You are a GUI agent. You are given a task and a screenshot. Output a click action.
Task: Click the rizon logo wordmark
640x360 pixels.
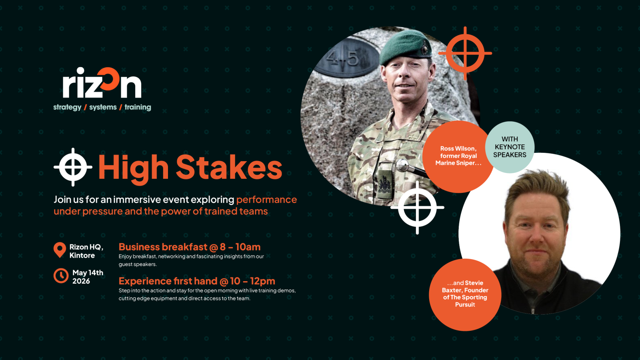click(102, 83)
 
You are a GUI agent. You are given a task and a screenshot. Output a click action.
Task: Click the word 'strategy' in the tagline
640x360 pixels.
click(68, 108)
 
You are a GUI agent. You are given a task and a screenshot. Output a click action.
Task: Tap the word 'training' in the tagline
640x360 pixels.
click(138, 108)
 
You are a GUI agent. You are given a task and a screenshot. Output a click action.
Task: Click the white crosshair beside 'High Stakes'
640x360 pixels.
click(73, 167)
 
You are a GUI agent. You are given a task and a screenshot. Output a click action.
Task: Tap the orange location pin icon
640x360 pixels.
click(60, 250)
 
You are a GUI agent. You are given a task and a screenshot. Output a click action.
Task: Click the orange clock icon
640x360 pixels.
click(61, 276)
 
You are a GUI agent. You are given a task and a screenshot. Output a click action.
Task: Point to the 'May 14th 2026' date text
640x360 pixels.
click(88, 277)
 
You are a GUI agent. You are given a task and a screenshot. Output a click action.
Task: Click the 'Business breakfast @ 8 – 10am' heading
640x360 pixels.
click(190, 247)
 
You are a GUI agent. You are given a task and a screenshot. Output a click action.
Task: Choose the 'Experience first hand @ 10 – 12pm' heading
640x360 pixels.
click(197, 281)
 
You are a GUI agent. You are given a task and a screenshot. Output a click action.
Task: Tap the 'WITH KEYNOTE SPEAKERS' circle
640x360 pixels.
click(510, 147)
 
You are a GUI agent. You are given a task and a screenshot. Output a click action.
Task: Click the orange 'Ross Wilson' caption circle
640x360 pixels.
click(458, 156)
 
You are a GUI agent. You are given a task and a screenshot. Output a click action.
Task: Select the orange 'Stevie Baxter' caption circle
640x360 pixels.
click(465, 294)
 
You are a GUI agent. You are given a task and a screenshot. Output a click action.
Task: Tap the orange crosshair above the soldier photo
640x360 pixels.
click(465, 53)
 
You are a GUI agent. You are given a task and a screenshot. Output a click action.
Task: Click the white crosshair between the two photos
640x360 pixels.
click(418, 208)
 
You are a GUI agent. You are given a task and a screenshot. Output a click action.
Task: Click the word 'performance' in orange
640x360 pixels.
click(266, 200)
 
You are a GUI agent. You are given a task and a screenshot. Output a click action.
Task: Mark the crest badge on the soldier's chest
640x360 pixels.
click(385, 184)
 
